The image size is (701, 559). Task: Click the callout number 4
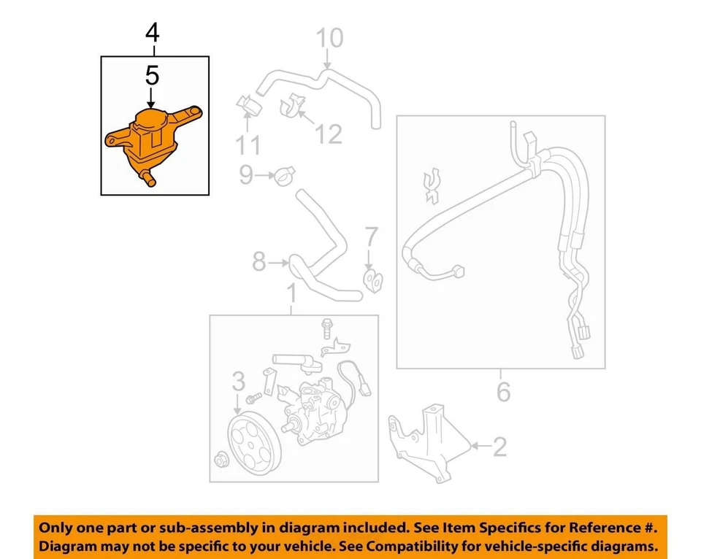153,33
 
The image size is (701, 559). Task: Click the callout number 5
153,75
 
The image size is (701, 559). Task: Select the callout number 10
329,38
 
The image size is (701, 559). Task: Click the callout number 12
329,134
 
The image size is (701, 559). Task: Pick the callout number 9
246,174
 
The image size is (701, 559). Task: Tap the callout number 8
258,261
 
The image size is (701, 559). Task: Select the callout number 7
371,237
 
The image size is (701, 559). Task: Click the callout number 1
291,295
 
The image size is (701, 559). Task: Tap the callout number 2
499,447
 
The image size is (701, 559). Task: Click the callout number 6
503,393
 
